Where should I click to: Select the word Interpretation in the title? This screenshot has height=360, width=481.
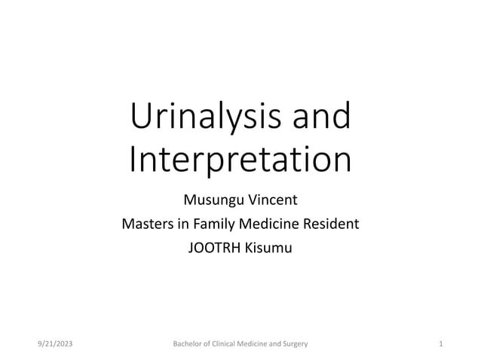coord(240,160)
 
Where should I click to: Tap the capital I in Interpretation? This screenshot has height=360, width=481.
coord(134,160)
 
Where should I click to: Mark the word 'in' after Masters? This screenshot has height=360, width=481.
coord(181,224)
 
